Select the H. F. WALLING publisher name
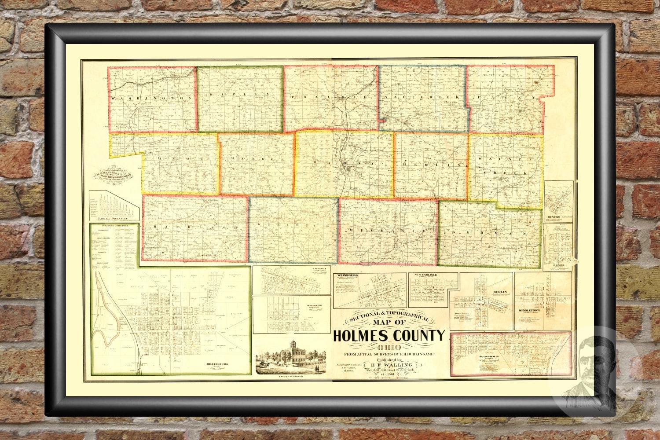click(391, 364)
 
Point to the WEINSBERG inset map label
click(346, 276)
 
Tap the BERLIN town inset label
click(500, 292)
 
